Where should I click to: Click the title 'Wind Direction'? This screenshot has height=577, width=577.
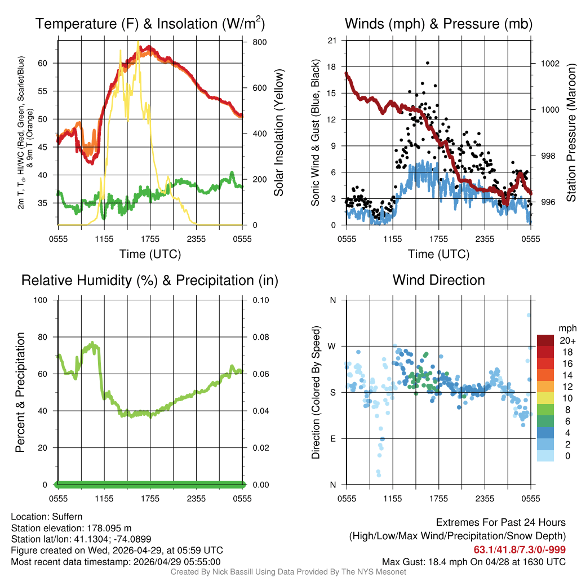tap(438, 280)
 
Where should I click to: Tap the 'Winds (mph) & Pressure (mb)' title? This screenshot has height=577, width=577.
tap(438, 24)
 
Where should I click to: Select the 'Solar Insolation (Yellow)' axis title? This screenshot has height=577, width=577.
tap(278, 132)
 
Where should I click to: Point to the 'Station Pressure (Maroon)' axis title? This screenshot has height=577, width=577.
tap(570, 132)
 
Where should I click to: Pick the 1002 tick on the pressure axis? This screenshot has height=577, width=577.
tap(547, 63)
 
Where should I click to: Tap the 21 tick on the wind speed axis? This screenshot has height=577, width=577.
tap(332, 40)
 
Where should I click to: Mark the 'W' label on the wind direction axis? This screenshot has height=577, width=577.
tap(332, 346)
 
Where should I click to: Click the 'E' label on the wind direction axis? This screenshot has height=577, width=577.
tap(333, 438)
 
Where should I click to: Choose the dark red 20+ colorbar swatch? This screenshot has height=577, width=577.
tap(547, 340)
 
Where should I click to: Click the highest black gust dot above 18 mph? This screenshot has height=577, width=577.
tap(428, 63)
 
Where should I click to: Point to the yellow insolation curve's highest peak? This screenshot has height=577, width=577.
tap(137, 42)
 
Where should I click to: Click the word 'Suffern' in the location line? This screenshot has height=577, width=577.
tap(67, 517)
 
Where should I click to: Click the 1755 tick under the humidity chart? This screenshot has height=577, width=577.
tap(150, 499)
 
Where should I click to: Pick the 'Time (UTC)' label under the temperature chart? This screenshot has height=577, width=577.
tap(150, 254)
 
